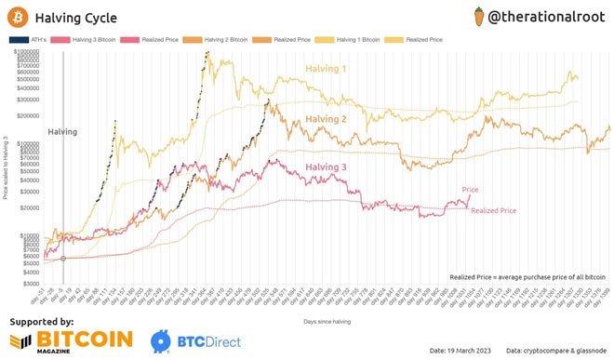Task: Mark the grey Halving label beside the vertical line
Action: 62,132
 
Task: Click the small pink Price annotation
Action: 471,189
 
